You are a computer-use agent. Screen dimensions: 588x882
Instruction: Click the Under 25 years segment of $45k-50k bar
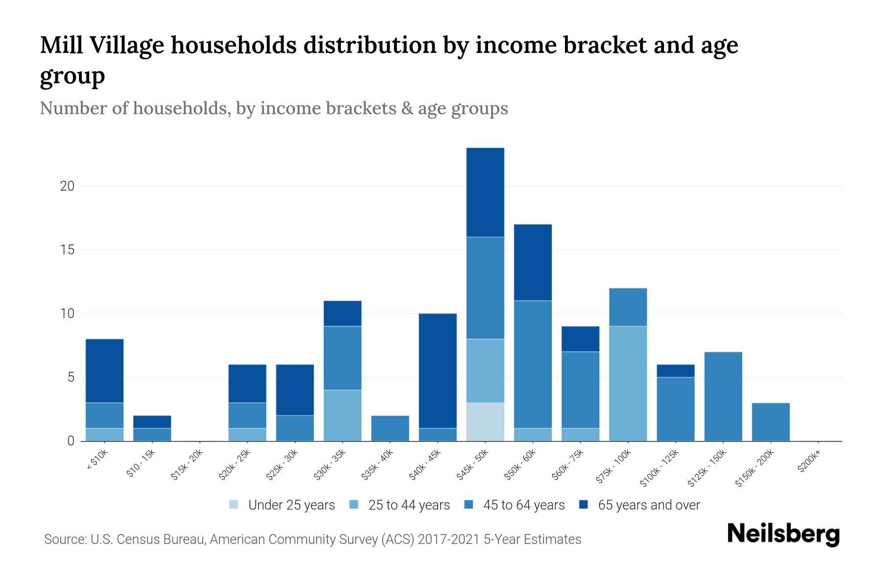(485, 422)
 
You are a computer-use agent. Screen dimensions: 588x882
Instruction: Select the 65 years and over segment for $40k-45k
(438, 371)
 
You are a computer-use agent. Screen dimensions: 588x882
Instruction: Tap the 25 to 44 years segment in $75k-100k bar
(628, 384)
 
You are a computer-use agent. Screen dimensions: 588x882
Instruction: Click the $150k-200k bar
(771, 422)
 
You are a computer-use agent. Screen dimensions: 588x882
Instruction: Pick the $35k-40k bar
(390, 428)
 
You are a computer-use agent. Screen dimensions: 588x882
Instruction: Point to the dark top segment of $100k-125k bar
(675, 371)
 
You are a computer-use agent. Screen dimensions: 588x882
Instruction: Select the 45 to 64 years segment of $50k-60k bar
(533, 365)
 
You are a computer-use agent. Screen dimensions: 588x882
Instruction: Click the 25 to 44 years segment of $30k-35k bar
(343, 416)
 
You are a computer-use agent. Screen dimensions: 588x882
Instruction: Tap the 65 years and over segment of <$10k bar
(104, 371)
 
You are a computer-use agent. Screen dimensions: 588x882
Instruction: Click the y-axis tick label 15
(67, 250)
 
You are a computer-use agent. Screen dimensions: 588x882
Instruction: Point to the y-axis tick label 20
(67, 186)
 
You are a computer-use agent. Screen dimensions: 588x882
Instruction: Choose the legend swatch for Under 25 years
(234, 505)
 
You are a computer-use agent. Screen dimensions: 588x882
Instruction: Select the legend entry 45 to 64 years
(523, 505)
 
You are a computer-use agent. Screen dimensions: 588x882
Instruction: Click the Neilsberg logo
(783, 534)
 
